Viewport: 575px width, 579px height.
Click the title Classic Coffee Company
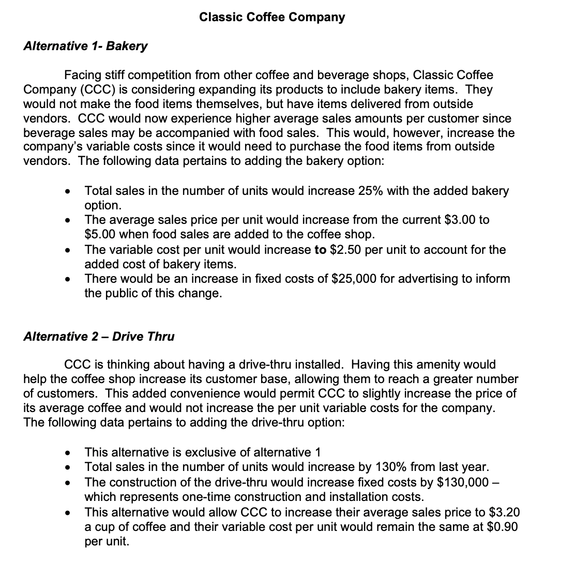(272, 17)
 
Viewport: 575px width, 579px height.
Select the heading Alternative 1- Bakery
(85, 46)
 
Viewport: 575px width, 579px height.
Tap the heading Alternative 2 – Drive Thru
(99, 337)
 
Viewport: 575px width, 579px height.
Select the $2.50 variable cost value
(346, 250)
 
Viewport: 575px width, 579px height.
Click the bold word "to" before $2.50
(320, 250)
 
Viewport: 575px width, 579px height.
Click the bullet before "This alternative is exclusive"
(68, 453)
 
